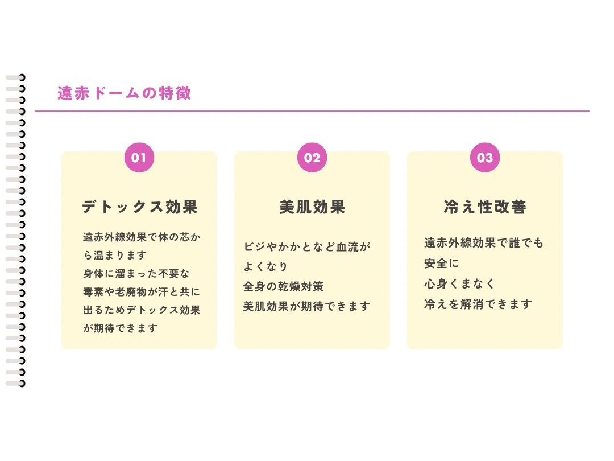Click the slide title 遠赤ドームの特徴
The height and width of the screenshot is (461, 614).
[124, 93]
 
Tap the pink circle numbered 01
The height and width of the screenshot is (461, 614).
[139, 158]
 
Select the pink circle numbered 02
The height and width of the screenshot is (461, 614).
[312, 158]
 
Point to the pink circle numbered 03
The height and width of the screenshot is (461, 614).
[485, 158]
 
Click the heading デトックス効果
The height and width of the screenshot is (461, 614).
[139, 207]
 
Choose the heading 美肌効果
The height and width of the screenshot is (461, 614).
[312, 207]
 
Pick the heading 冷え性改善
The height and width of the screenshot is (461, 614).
[485, 207]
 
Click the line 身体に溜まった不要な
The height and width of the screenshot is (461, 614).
[136, 274]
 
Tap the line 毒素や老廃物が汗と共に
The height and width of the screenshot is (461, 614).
[142, 292]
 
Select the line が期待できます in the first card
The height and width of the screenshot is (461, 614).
[120, 328]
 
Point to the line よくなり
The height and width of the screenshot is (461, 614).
[265, 266]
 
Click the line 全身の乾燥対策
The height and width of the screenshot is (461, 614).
[283, 286]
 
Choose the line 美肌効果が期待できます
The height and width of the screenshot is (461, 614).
[306, 306]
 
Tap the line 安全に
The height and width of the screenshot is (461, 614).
[441, 264]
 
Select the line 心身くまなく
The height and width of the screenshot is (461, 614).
[459, 283]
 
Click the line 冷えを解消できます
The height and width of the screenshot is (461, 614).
[478, 304]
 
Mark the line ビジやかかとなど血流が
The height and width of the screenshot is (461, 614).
[306, 247]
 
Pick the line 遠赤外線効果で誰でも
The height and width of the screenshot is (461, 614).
[483, 243]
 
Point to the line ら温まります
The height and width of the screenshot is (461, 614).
[115, 254]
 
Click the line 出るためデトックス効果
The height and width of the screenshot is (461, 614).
[142, 310]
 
